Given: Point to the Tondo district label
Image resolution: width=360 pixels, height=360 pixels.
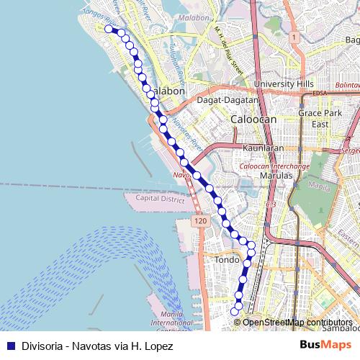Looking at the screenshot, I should [x=227, y=260].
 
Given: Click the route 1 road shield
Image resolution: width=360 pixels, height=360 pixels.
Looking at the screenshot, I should [x=294, y=36].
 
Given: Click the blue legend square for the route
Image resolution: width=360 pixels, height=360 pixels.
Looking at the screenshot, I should [x=10, y=346].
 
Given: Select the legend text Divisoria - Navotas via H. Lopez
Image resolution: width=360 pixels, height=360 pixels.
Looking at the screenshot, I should [x=97, y=346].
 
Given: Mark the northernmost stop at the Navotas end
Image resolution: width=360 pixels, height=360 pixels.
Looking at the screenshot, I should [x=109, y=29].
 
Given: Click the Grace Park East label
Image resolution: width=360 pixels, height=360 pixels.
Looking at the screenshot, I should [x=320, y=119].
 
